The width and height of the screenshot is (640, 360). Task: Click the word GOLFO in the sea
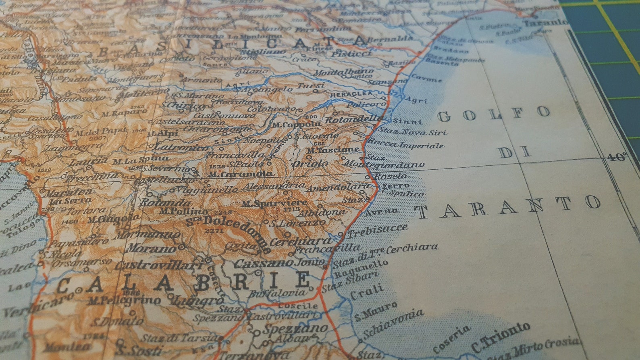pos(494,114)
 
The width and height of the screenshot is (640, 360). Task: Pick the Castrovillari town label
pos(159,265)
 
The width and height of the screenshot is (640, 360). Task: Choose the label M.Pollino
pos(183,210)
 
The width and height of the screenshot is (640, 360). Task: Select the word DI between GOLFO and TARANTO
pos(515,152)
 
